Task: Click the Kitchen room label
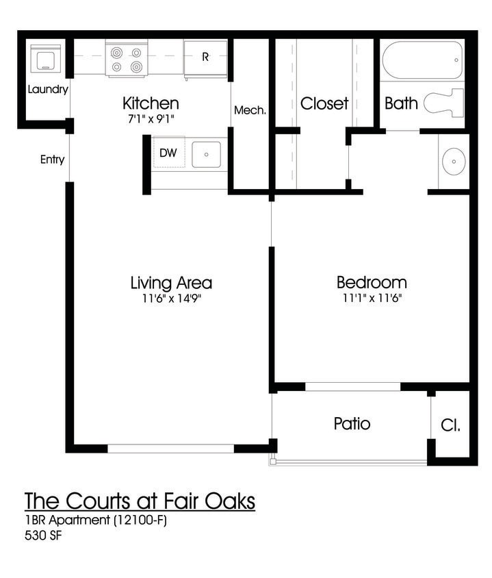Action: (151, 103)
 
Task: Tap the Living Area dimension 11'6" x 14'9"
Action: (170, 299)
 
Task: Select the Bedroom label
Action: (371, 282)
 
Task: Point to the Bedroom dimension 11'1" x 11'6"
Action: (371, 299)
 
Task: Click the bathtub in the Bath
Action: (422, 61)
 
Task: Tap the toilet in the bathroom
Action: (443, 103)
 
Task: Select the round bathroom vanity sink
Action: (452, 162)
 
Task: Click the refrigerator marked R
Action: (205, 58)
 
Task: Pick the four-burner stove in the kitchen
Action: (127, 59)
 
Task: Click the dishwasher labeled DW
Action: (168, 153)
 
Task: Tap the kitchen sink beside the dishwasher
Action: (206, 154)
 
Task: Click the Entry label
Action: (52, 160)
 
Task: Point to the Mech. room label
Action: (250, 110)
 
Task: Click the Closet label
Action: (324, 103)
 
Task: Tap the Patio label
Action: (352, 423)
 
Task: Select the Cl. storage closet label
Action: (450, 425)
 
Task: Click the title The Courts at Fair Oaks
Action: (140, 501)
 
